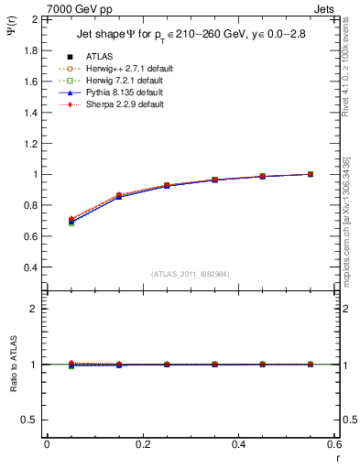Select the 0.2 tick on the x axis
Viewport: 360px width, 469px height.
(142, 444)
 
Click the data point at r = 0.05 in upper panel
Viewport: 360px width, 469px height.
(71, 221)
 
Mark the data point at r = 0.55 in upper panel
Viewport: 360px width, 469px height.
(310, 174)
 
